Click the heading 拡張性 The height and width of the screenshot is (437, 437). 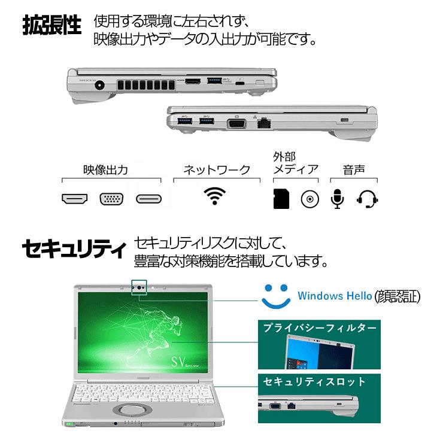(51, 26)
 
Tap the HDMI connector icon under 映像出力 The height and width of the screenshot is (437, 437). (75, 199)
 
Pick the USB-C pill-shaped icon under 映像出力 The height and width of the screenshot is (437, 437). (148, 199)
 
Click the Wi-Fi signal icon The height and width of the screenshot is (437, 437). (215, 196)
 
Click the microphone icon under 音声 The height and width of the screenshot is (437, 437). (338, 199)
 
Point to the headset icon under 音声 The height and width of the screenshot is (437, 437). (368, 199)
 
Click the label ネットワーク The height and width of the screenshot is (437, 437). (216, 169)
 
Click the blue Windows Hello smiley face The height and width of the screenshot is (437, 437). (275, 295)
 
